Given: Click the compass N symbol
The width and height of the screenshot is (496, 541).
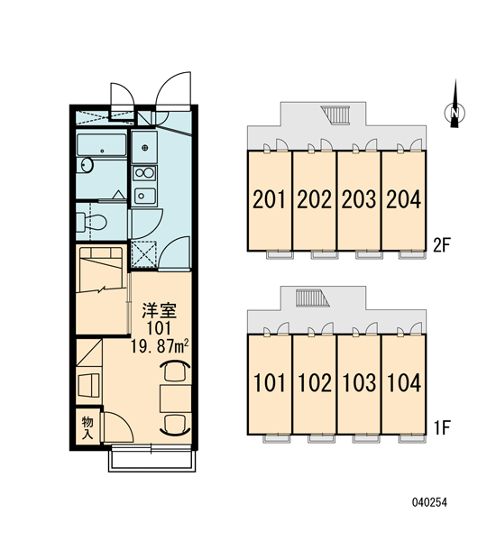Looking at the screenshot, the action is point(455,113).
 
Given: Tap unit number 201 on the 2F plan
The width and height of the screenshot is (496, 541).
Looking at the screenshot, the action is point(270,199).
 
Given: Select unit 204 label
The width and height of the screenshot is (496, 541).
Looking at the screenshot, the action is point(403,199).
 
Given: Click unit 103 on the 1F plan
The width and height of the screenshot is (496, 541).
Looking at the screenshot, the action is point(359,382).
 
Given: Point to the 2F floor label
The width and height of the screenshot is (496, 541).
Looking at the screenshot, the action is point(442,245).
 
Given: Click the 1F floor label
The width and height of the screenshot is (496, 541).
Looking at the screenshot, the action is point(442,428).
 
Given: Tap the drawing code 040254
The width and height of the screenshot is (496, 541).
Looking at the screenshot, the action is point(429,502).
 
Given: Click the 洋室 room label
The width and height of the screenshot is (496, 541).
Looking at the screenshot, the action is point(160,310).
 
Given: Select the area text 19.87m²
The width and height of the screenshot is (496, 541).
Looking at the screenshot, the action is point(160,346).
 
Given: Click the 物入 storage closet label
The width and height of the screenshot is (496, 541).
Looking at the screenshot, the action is point(87,427).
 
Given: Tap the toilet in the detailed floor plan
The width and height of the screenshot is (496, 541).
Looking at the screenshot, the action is point(91,222).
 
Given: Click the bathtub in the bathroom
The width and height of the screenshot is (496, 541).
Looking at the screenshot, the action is point(102,145).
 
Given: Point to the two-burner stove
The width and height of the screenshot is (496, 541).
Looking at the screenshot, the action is point(144,173).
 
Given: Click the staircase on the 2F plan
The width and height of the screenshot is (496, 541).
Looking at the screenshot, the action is point(335,115).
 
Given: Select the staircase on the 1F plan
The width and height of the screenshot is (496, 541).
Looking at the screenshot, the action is point(312,298).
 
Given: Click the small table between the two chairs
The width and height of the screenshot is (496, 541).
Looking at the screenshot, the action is point(175,399).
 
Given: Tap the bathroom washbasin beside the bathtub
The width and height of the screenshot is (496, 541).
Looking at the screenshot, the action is point(87,165).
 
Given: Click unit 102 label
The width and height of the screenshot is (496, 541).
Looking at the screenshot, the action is point(315,382).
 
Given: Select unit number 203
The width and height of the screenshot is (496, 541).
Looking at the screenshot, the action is point(359,199).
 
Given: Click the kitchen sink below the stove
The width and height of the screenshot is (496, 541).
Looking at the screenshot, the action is point(145,196).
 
